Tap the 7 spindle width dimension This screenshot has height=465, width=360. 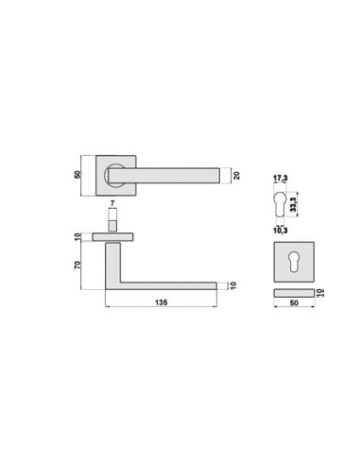click(111, 204)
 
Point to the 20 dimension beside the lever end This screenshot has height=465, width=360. click(237, 174)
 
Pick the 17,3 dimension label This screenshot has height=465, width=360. click(280, 178)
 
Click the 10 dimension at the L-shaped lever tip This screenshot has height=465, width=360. click(231, 284)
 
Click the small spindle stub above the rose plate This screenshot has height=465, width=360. click(111, 225)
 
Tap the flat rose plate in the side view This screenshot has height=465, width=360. click(112, 235)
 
